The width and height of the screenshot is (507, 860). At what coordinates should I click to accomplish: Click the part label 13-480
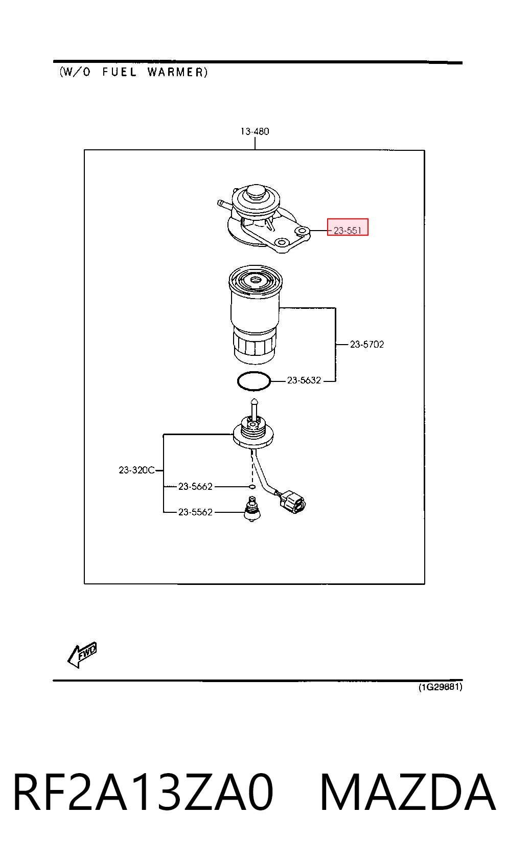tap(255, 131)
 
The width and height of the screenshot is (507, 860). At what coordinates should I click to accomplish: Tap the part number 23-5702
tap(367, 345)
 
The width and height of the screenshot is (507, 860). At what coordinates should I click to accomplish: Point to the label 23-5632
tap(304, 380)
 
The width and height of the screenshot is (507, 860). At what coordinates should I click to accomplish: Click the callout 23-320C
tap(136, 470)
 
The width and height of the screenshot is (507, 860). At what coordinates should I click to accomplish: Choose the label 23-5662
tap(195, 486)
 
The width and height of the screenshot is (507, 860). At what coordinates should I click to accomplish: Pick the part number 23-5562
tap(195, 512)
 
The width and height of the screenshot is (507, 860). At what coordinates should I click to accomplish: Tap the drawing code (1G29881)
tap(440, 687)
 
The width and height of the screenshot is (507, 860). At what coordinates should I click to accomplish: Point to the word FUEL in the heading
tap(119, 72)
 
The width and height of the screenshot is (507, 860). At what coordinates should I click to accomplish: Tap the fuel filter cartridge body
tap(256, 314)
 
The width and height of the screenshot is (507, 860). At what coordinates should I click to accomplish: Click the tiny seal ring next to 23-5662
tap(252, 486)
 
